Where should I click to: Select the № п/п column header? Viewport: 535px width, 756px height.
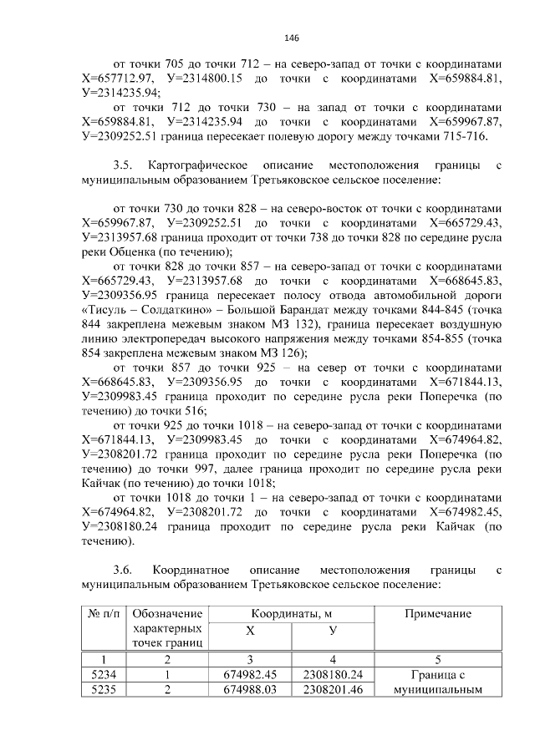103,614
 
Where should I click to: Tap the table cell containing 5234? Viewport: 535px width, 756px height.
103,675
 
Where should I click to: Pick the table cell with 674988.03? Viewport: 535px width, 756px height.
250,690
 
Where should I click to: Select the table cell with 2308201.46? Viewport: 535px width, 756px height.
333,690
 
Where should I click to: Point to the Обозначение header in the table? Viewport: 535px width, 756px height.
166,614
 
